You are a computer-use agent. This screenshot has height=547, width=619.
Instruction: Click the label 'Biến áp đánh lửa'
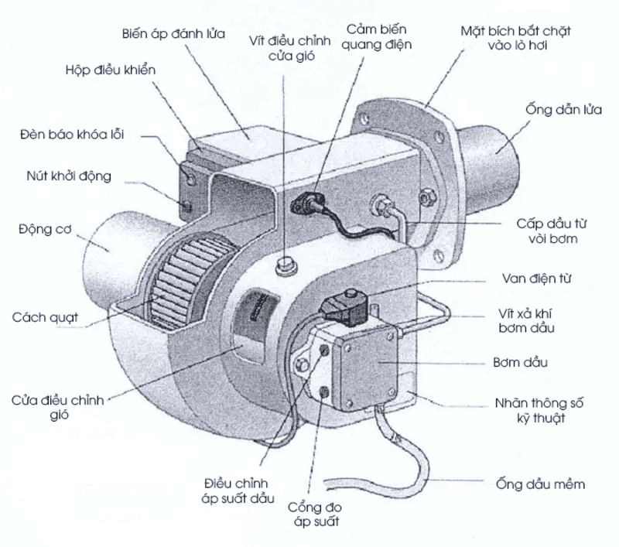click(x=173, y=35)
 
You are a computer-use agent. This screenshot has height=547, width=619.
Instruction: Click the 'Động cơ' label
click(x=45, y=228)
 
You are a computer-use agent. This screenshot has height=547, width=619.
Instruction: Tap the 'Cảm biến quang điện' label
click(x=378, y=36)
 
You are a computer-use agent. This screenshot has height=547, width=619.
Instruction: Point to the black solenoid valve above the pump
click(x=343, y=308)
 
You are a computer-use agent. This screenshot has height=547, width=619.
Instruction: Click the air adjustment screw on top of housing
click(x=286, y=265)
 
